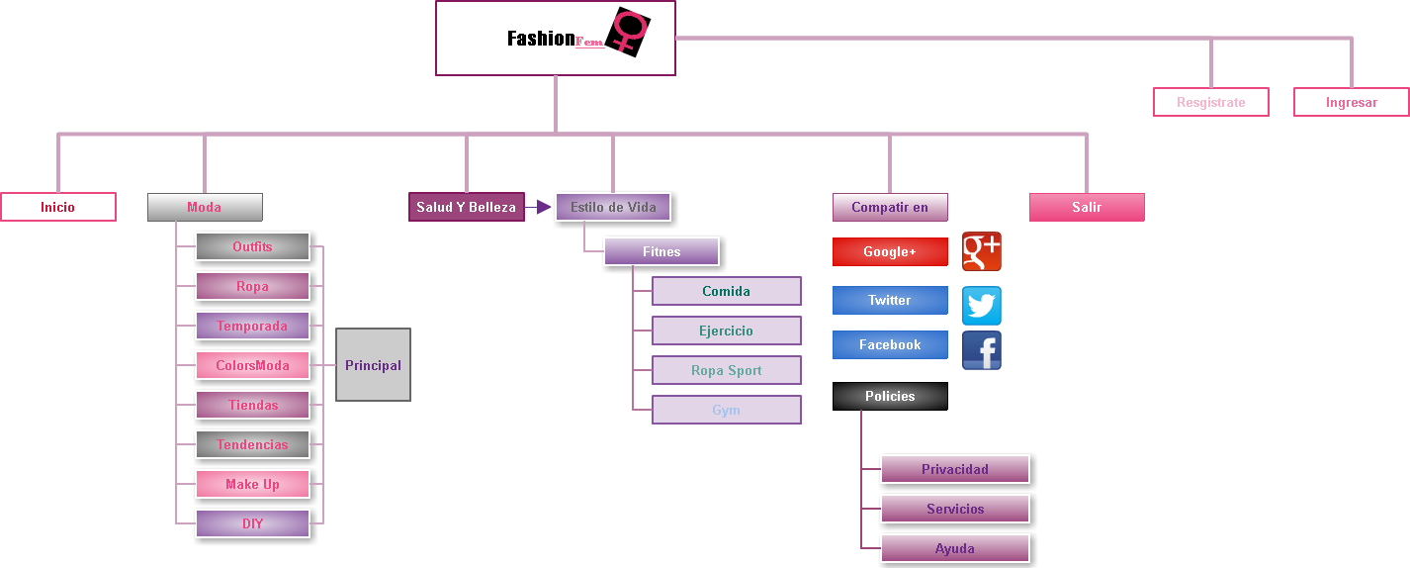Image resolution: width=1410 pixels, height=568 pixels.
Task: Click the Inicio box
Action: click(58, 207)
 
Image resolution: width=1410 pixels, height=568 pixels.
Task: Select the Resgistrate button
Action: click(1210, 102)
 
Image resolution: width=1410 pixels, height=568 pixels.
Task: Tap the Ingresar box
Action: click(1351, 102)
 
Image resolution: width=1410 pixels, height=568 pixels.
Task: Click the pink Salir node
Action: click(1087, 207)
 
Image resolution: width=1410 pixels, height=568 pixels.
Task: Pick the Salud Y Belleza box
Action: click(466, 207)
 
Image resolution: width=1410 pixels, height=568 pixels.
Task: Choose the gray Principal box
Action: click(373, 365)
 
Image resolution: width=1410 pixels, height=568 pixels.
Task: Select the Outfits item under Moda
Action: click(252, 246)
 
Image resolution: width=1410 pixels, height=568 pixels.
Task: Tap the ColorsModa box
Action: click(252, 365)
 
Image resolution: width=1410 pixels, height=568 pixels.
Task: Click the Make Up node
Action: click(252, 484)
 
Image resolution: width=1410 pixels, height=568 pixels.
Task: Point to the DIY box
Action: click(252, 523)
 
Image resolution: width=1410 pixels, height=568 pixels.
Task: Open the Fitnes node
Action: click(661, 251)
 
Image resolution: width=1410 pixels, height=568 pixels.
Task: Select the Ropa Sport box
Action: click(726, 370)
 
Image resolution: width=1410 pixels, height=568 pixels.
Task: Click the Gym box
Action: click(726, 410)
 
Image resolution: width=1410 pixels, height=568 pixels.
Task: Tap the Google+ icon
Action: click(982, 251)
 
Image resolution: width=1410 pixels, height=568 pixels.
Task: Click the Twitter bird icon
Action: click(982, 306)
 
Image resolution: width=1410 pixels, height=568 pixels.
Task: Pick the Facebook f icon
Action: click(982, 350)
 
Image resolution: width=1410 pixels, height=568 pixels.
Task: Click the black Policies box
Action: click(890, 396)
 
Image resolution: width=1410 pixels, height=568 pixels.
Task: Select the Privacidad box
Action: click(955, 469)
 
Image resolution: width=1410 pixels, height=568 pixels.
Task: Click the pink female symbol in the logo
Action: click(629, 30)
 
